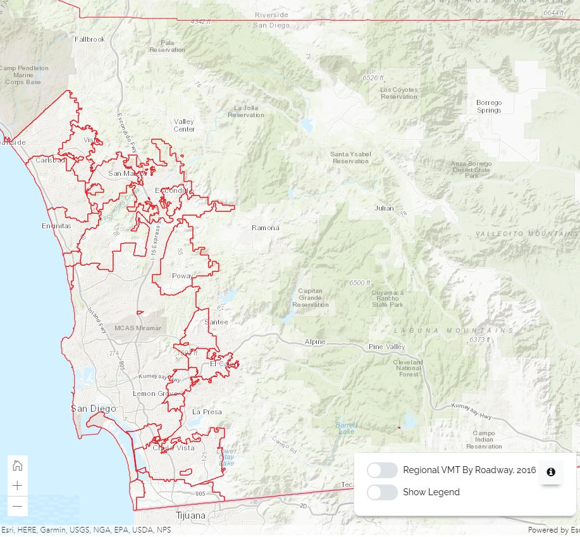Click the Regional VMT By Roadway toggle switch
pos(382,471)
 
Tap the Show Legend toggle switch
pos(382,492)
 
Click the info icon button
pos(551,472)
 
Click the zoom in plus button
pos(18,486)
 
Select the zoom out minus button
pos(18,506)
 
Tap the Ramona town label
pos(265,228)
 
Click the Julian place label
pos(384,208)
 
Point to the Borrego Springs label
pos(489,106)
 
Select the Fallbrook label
pos(90,39)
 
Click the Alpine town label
pos(315,342)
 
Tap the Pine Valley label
pos(387,347)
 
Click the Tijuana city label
pos(190,515)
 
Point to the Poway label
pos(182,276)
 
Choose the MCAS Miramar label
pos(138,328)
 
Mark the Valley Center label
pos(184,125)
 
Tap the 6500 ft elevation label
pos(360,283)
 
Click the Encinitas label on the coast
pos(56,226)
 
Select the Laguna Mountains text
pos(454,331)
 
